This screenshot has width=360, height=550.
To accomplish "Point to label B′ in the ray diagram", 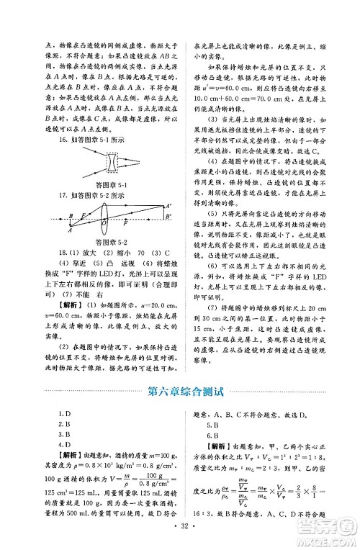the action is (168, 217).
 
